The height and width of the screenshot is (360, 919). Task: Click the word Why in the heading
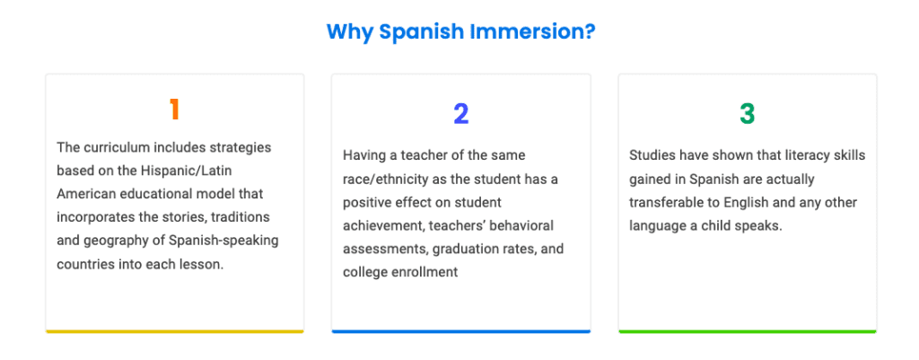point(349,32)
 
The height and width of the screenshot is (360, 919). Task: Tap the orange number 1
point(174,110)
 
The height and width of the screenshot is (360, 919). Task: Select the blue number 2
point(460,114)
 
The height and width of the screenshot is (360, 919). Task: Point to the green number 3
point(747,114)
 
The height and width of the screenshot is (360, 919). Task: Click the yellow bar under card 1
point(175,332)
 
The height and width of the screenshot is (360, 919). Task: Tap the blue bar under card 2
point(460,332)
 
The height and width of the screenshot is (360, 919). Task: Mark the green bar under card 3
point(748,332)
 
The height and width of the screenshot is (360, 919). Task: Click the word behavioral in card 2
point(526,225)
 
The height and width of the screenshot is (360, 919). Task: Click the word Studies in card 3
point(650,156)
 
